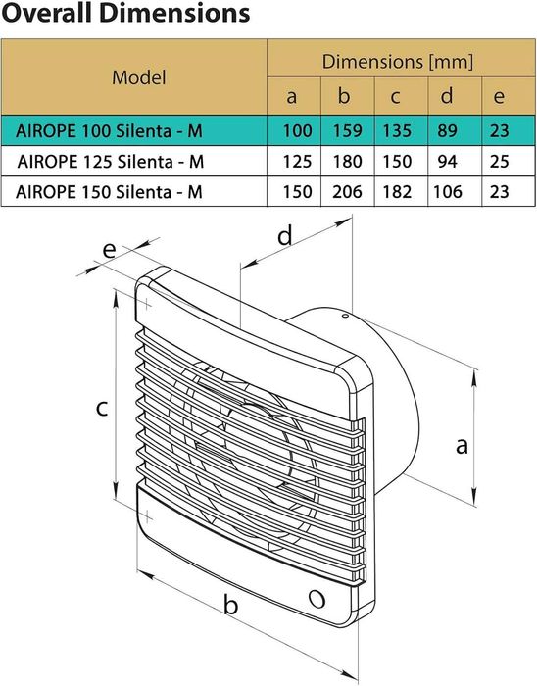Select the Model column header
pos(138,76)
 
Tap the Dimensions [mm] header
pos(398,62)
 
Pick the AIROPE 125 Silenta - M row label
pos(110,161)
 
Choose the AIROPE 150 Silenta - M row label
pos(110,192)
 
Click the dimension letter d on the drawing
pos(285,235)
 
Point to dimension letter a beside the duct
pos(462,446)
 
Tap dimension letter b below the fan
pos(231,606)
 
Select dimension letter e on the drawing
pos(108,249)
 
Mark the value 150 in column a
pos(292,192)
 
